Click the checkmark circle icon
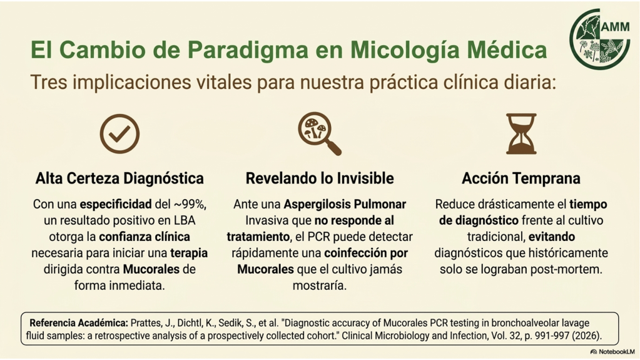pyautogui.click(x=119, y=133)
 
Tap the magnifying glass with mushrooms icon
pyautogui.click(x=319, y=134)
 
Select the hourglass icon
pyautogui.click(x=521, y=133)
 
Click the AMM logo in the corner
pyautogui.click(x=600, y=39)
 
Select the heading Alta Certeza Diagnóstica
pyautogui.click(x=119, y=178)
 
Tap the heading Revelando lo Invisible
pyautogui.click(x=320, y=178)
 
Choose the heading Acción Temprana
pyautogui.click(x=521, y=178)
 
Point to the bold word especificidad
pyautogui.click(x=116, y=204)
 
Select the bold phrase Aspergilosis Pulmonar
pyautogui.click(x=345, y=204)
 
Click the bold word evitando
pyautogui.click(x=552, y=237)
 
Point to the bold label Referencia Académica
pyautogui.click(x=79, y=323)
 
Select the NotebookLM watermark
pyautogui.click(x=612, y=352)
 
